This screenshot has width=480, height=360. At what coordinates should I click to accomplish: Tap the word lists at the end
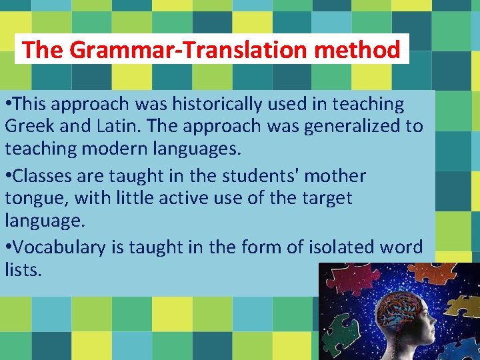click(x=22, y=269)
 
